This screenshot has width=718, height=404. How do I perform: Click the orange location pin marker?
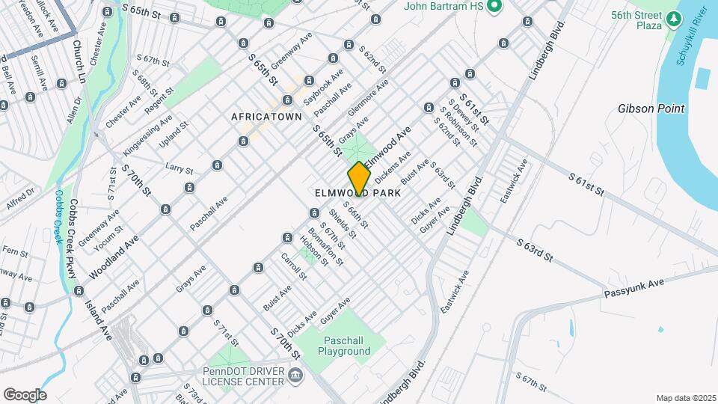(360, 178)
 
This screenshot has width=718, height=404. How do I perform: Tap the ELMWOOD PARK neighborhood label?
(358, 192)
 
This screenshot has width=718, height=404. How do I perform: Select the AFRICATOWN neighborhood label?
(266, 117)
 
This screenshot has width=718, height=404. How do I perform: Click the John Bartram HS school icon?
(494, 7)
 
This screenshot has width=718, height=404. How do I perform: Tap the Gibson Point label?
(651, 108)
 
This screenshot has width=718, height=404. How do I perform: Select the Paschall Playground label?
(344, 345)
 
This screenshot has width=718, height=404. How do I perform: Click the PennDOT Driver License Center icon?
(295, 375)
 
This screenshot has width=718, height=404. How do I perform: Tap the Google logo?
(25, 394)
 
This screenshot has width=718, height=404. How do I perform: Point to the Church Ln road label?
(79, 59)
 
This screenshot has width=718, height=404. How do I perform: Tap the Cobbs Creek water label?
(58, 216)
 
